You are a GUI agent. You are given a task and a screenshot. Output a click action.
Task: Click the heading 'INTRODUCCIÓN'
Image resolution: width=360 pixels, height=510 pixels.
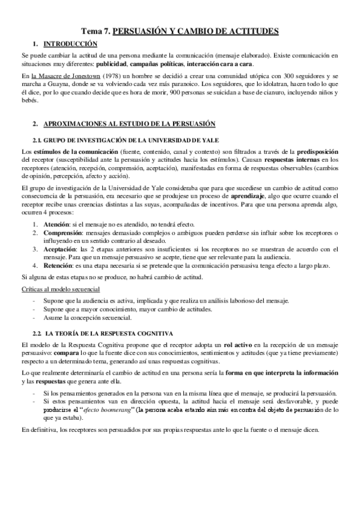[70, 44]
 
